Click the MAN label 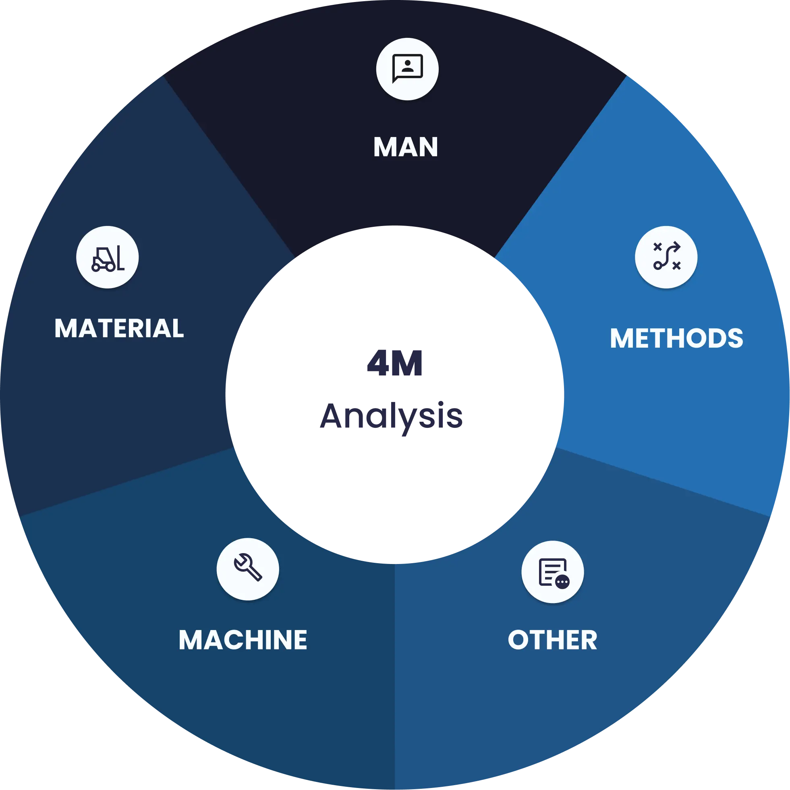pyautogui.click(x=406, y=147)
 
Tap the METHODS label pyautogui.click(x=676, y=338)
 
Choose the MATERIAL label pyautogui.click(x=119, y=328)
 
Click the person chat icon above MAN pyautogui.click(x=407, y=69)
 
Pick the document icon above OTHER pyautogui.click(x=552, y=572)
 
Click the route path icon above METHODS pyautogui.click(x=666, y=257)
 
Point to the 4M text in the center pyautogui.click(x=394, y=363)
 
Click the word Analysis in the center pyautogui.click(x=392, y=416)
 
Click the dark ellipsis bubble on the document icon pyautogui.click(x=562, y=581)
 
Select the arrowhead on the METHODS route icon pyautogui.click(x=676, y=247)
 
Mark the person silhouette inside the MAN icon pyautogui.click(x=408, y=65)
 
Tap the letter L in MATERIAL pyautogui.click(x=176, y=328)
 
